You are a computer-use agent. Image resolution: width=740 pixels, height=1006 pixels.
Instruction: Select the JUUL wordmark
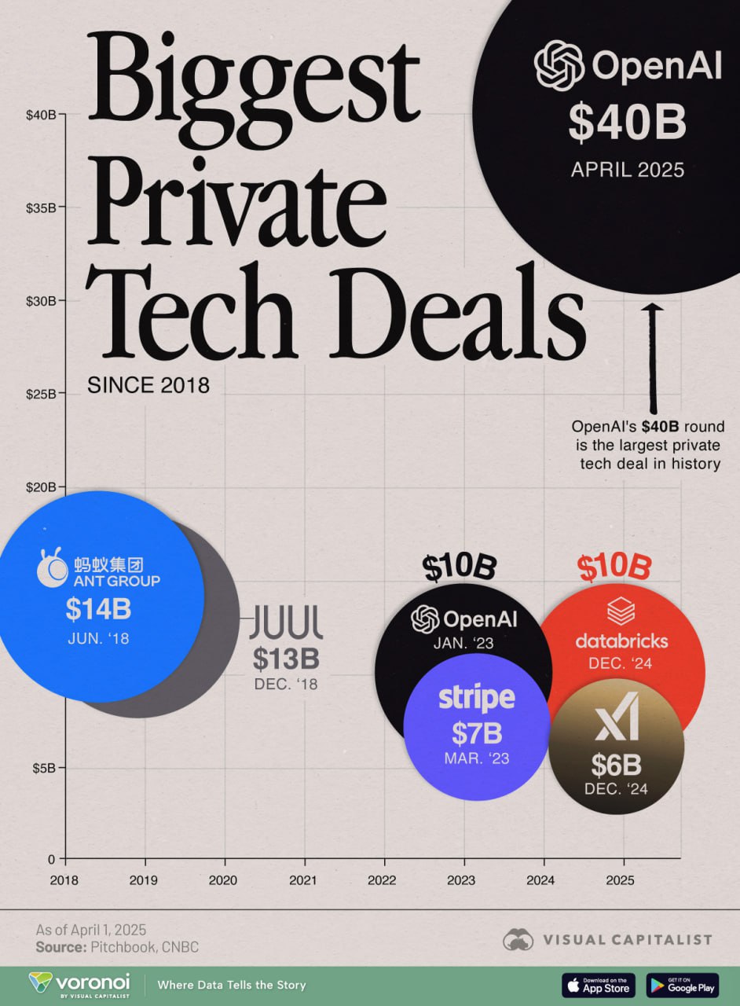[x=286, y=622]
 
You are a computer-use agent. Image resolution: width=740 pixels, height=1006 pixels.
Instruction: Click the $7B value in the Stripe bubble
[x=476, y=732]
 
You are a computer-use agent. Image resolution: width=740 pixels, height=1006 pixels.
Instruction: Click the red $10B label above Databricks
[x=614, y=567]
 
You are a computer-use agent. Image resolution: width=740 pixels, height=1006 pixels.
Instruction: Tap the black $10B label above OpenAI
[x=460, y=567]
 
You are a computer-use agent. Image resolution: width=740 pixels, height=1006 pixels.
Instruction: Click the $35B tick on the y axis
[x=41, y=207]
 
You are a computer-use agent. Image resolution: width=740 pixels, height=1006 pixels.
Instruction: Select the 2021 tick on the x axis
[x=304, y=880]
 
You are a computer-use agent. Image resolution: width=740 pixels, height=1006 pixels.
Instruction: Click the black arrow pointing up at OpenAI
[x=653, y=354]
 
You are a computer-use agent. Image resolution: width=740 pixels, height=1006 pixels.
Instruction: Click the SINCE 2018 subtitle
[x=148, y=386]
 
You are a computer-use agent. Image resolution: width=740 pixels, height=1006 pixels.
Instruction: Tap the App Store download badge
[x=599, y=984]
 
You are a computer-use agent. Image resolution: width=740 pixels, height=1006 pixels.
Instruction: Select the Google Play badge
[x=683, y=984]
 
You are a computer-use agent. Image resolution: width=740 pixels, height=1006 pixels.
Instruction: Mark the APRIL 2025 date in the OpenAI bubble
[x=628, y=169]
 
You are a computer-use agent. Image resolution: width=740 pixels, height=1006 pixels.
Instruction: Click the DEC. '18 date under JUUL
[x=286, y=684]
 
